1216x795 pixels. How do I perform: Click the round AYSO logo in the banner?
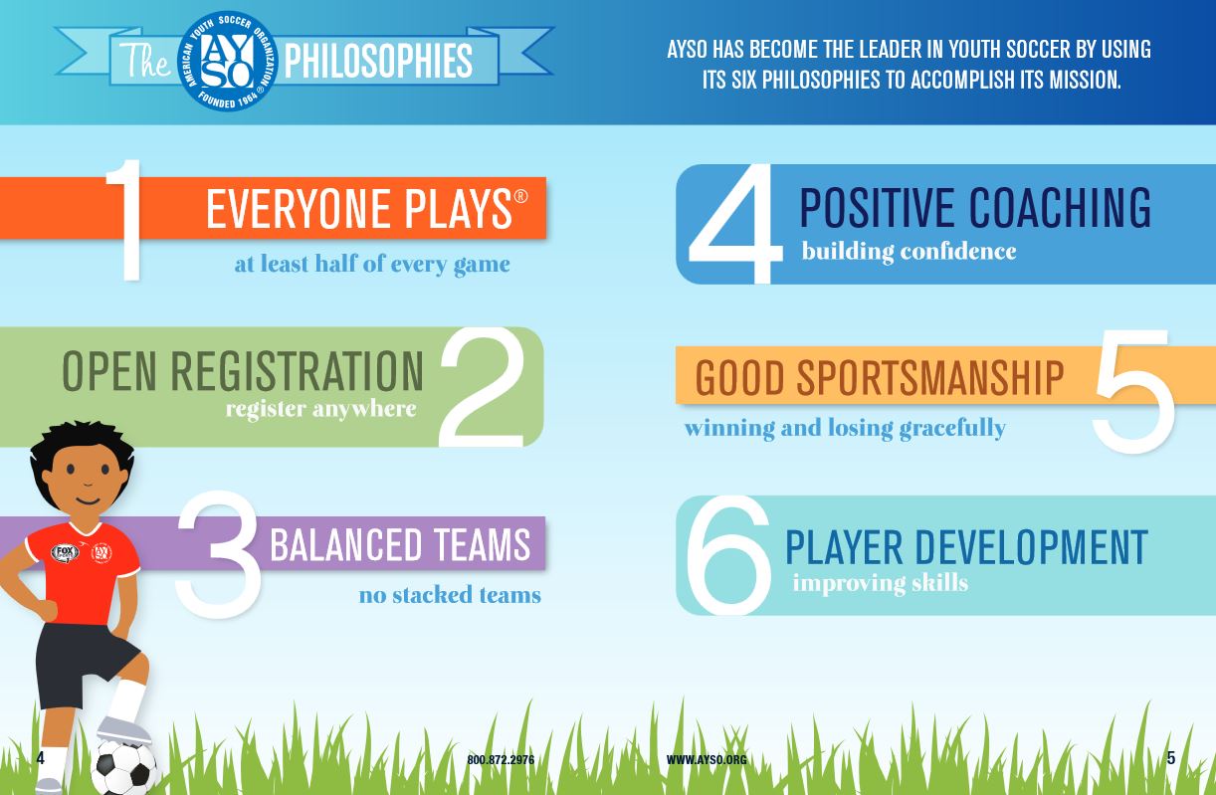[x=228, y=61]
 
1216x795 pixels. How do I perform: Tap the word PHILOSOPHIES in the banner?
[x=378, y=62]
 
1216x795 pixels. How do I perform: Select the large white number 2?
[x=482, y=387]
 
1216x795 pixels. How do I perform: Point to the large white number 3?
[x=218, y=554]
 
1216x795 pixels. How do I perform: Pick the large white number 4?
[x=735, y=224]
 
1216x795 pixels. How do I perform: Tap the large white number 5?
[x=1133, y=392]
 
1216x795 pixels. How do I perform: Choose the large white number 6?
[x=728, y=555]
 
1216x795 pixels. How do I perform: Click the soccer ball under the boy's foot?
[x=124, y=768]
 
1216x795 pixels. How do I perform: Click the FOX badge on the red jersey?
[x=65, y=553]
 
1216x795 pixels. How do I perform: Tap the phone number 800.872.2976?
[x=501, y=760]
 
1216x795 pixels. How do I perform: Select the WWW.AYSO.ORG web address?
[x=707, y=760]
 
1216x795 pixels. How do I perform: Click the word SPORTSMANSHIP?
[x=930, y=378]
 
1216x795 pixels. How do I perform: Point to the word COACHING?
[x=1060, y=207]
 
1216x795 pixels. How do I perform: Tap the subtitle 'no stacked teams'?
[x=450, y=595]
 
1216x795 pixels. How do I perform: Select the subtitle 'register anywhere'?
[x=321, y=409]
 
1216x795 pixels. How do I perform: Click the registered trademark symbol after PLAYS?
[x=520, y=196]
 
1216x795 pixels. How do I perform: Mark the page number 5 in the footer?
[x=1171, y=758]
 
